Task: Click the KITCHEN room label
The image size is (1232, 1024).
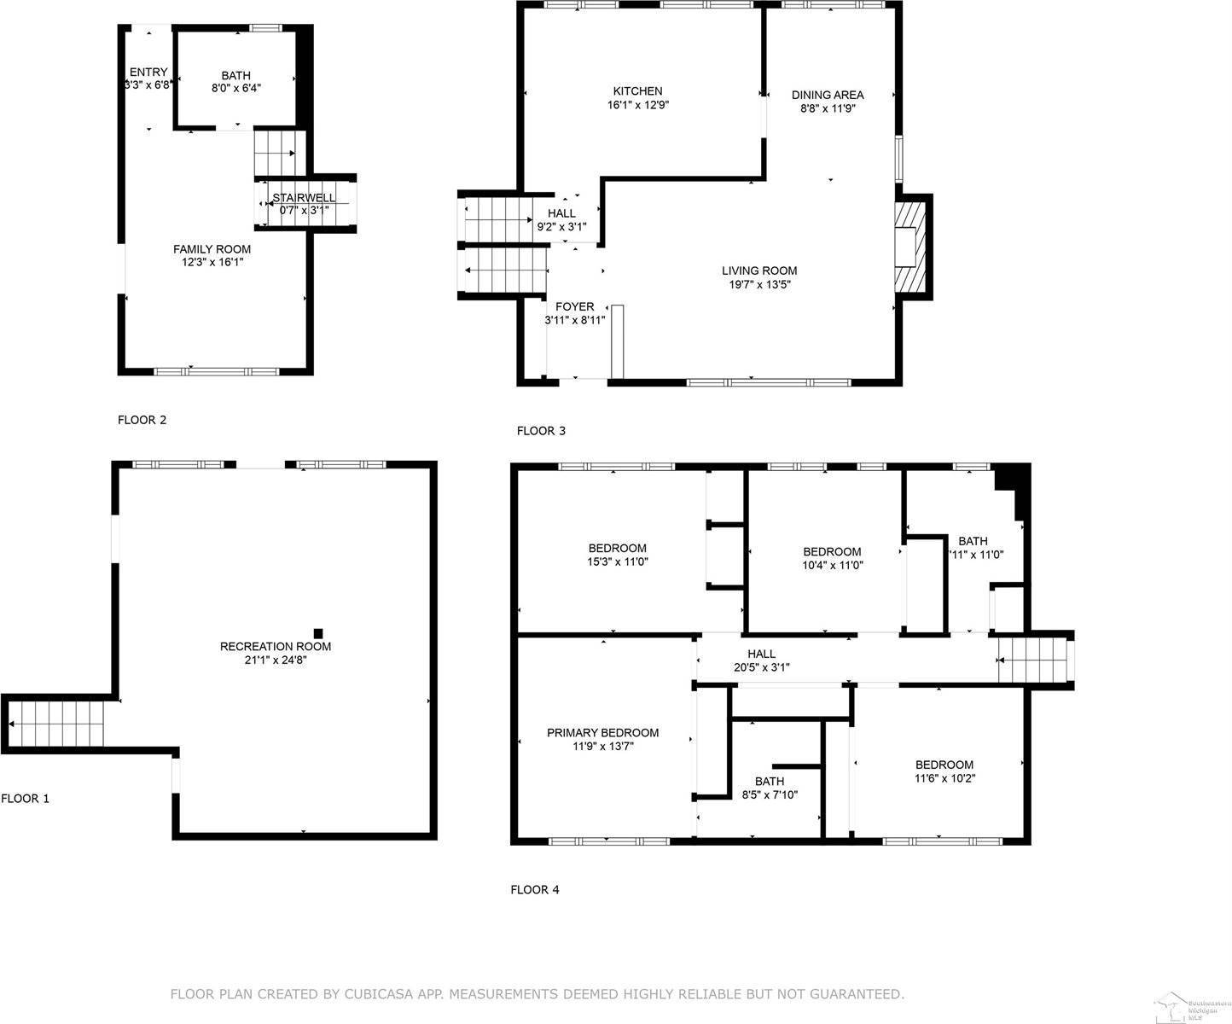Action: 637,91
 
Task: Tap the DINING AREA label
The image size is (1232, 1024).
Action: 827,95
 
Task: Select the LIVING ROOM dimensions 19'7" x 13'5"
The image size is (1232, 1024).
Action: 758,285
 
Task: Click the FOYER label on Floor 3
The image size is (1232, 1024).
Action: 574,306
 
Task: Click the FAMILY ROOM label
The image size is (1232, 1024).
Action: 212,249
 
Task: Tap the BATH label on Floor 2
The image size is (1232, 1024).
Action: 235,76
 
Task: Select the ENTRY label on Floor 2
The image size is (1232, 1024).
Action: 148,72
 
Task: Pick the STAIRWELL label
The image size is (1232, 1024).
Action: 304,198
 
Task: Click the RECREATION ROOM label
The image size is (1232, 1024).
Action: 275,646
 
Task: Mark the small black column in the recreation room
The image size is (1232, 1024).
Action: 318,633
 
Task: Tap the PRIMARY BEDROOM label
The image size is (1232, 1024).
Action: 602,732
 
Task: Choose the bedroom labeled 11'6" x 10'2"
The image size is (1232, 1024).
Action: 944,765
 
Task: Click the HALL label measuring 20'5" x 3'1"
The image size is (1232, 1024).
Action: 761,654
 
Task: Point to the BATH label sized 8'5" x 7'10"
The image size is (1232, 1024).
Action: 769,781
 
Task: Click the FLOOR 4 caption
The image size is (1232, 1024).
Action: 535,889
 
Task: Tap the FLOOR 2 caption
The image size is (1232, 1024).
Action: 142,420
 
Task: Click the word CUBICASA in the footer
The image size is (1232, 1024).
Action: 379,994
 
